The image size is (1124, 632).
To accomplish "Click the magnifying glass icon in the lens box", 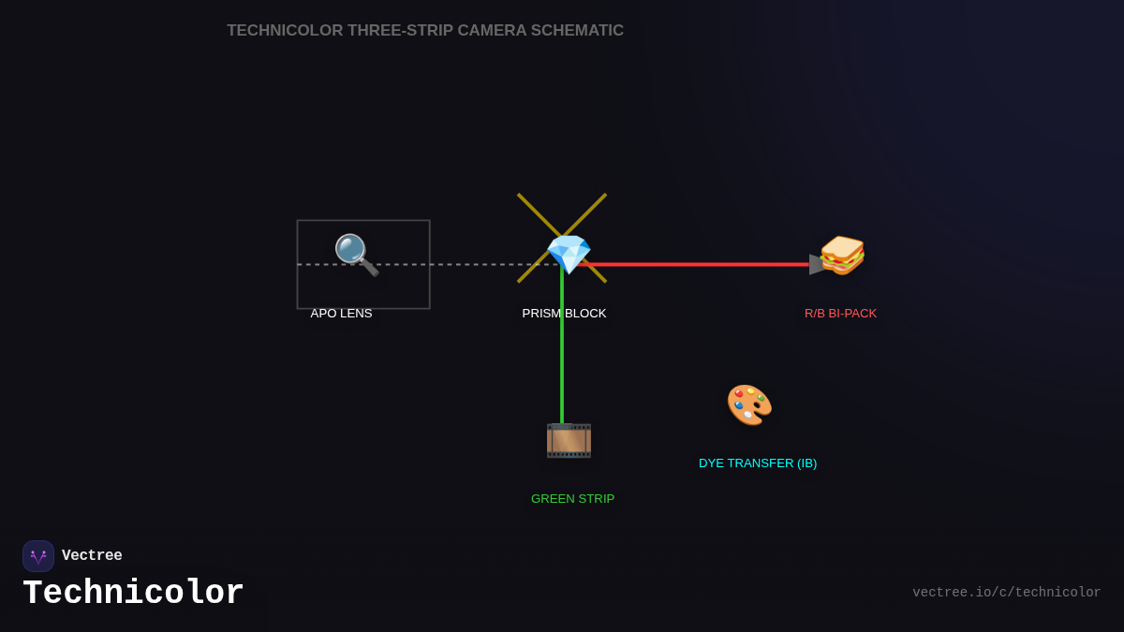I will tap(356, 254).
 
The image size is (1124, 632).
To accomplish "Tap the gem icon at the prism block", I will tap(569, 254).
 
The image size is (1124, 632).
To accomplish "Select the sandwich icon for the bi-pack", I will tap(842, 255).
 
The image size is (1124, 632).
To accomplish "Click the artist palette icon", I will tap(749, 404).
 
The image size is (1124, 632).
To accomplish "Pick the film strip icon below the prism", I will tap(569, 440).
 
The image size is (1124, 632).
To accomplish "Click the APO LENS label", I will tap(341, 313).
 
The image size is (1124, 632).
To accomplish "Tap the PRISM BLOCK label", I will tap(564, 313).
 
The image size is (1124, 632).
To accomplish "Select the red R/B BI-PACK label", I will tap(840, 313).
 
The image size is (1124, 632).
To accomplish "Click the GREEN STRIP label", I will tap(572, 498).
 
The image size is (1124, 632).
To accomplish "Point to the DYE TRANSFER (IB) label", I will tap(758, 463).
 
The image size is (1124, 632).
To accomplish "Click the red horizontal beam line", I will tap(702, 264).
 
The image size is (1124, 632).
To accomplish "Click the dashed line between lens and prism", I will tap(468, 264).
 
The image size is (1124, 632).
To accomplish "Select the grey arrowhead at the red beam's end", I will tap(816, 264).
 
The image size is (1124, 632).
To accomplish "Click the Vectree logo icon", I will tap(38, 556).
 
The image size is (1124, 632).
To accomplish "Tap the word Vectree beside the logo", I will tap(92, 556).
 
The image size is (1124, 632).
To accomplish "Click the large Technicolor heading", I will tap(133, 594).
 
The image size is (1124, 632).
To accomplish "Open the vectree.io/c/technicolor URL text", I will tap(1006, 593).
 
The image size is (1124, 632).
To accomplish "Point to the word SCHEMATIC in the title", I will tap(577, 31).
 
